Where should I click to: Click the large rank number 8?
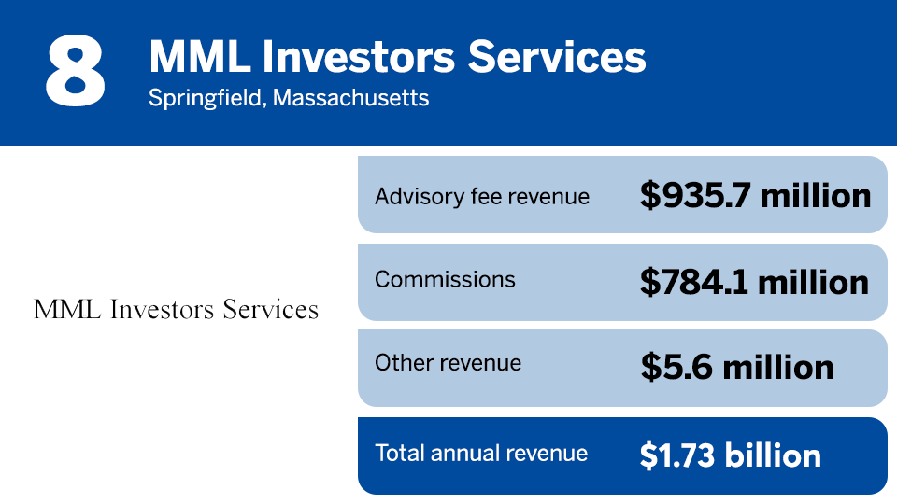pyautogui.click(x=75, y=72)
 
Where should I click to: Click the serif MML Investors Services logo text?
pyautogui.click(x=176, y=309)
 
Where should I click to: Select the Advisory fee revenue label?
pyautogui.click(x=482, y=196)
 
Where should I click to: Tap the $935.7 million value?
pyautogui.click(x=755, y=195)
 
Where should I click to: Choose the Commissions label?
pyautogui.click(x=445, y=279)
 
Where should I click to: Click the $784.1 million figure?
pyautogui.click(x=754, y=281)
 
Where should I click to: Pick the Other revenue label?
pyautogui.click(x=448, y=363)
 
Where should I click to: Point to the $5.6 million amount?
pyautogui.click(x=737, y=367)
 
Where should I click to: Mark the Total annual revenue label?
pyautogui.click(x=481, y=454)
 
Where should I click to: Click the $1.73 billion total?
pyautogui.click(x=731, y=455)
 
